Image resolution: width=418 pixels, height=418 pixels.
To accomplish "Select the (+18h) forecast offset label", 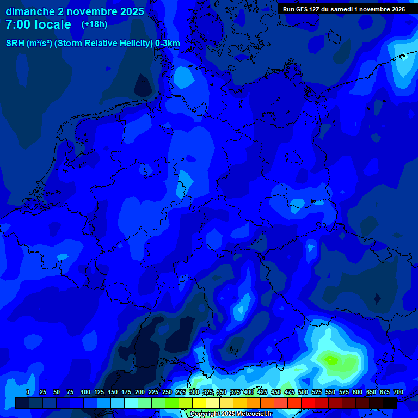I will (x=94, y=24).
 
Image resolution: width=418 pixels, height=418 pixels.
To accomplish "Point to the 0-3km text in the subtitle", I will (x=167, y=44).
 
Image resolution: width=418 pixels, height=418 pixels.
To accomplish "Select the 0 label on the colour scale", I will (x=28, y=392).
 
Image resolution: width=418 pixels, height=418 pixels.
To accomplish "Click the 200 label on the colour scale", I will (x=140, y=392).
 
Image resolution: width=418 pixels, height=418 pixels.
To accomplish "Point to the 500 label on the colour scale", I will (x=303, y=392).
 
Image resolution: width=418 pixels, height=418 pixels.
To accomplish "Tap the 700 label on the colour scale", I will (x=398, y=392).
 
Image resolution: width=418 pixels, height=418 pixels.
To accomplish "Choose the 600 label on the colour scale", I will (x=358, y=392).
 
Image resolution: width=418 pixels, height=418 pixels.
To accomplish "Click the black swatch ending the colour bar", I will (x=390, y=403).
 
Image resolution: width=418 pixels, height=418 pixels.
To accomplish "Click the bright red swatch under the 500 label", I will (x=308, y=403).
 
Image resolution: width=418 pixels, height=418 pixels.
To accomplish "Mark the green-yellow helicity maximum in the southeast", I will (x=330, y=359).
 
